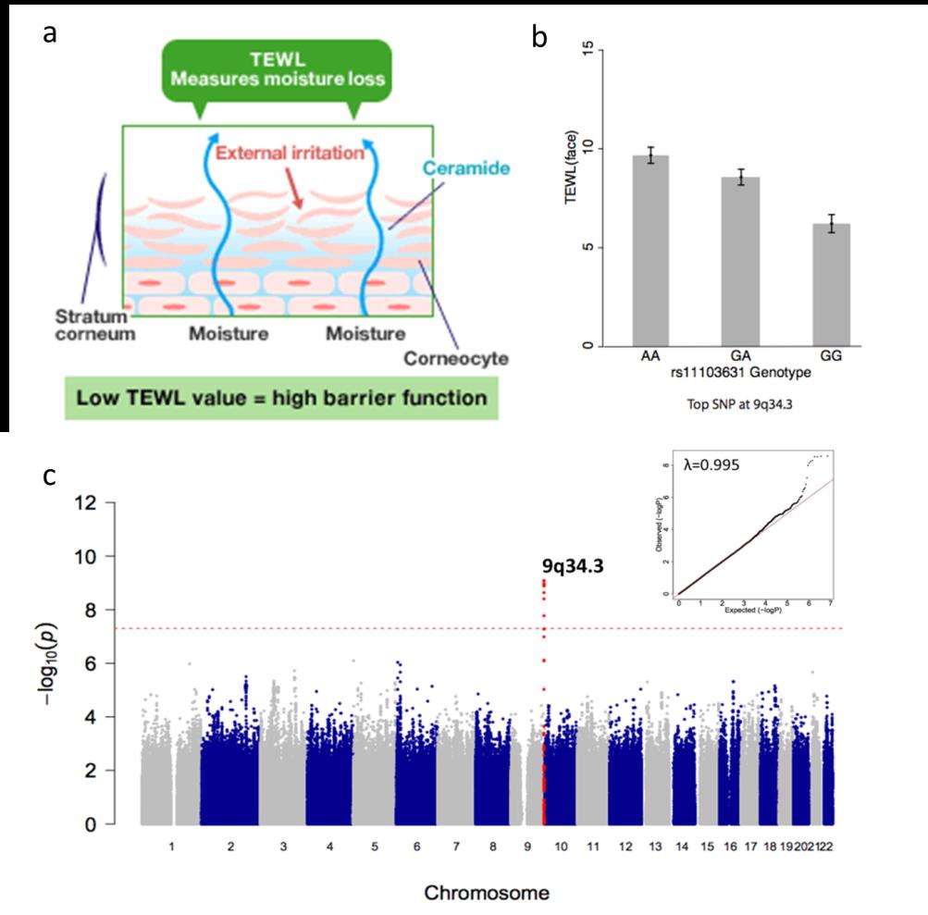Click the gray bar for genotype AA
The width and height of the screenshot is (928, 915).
point(657,251)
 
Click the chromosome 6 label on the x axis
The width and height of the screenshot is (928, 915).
point(417,846)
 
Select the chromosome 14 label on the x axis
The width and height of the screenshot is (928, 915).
point(682,846)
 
